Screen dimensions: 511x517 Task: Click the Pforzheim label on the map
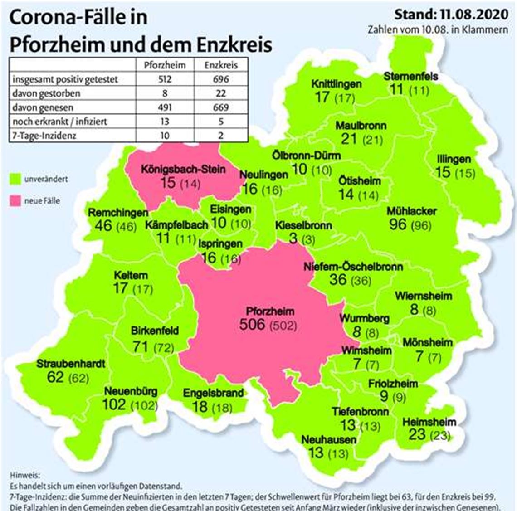270,311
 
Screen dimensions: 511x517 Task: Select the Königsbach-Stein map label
183,170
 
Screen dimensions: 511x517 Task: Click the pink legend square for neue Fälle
15,200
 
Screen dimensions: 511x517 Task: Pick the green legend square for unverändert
15,179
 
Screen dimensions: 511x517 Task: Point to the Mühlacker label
412,211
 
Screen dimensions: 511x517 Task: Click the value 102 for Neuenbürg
114,404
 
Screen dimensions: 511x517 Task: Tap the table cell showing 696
220,79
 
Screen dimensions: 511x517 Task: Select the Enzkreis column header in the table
220,65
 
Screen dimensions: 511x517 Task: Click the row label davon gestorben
46,93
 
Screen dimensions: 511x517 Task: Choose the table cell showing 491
165,107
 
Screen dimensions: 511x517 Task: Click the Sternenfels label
410,76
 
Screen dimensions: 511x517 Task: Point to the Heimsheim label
429,422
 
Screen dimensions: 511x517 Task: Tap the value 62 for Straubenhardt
55,377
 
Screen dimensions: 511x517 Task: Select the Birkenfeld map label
155,331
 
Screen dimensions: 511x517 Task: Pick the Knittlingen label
337,84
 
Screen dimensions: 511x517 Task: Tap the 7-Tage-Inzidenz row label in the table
44,135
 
